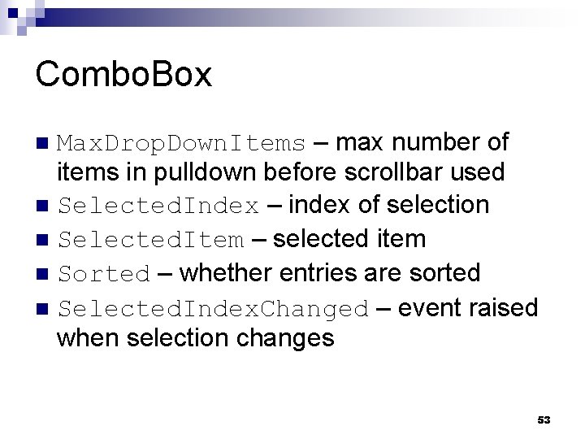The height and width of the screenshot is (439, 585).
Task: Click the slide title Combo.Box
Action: tap(123, 75)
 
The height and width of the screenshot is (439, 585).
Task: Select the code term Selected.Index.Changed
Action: tap(214, 310)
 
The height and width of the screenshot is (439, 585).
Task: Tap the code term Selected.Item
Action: tap(150, 241)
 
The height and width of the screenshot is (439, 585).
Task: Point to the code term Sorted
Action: tap(104, 275)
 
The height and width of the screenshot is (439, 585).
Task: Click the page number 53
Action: tap(544, 419)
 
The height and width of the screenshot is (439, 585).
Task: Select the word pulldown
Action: tap(184, 173)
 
